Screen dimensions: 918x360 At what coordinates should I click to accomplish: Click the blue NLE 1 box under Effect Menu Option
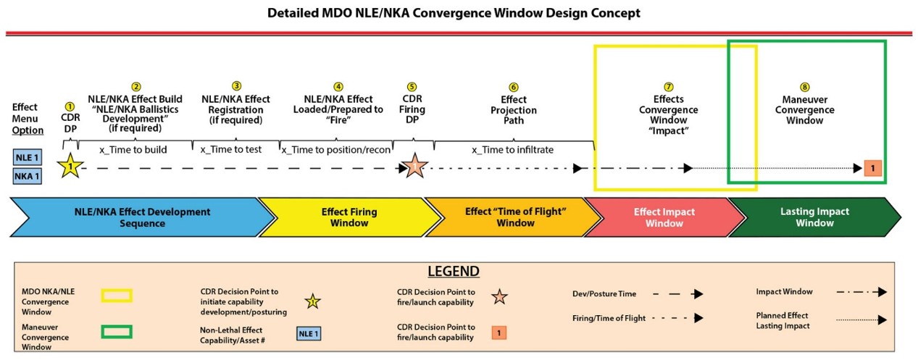click(27, 157)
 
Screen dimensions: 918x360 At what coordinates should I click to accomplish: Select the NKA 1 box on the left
click(27, 176)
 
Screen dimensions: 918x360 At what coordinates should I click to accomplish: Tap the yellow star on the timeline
click(70, 166)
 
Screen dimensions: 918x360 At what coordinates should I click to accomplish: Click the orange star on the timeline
click(414, 166)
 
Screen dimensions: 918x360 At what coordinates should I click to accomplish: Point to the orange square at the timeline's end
click(872, 168)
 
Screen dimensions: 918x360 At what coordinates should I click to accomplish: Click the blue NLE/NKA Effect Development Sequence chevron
click(142, 217)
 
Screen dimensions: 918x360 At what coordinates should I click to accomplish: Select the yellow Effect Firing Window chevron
click(349, 217)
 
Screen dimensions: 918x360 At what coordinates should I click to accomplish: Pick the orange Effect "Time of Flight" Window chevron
click(514, 217)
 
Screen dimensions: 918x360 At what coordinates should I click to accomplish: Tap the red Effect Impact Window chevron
click(664, 217)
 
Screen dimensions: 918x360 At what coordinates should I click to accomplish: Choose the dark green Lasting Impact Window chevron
click(814, 217)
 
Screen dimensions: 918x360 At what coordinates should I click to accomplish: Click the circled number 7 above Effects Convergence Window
click(669, 87)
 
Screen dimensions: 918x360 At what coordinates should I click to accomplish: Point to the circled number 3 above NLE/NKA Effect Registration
click(236, 86)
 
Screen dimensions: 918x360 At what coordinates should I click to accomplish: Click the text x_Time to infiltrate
click(512, 150)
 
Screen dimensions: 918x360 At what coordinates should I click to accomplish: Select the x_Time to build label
click(133, 150)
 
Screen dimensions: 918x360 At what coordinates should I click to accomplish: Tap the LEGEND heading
click(454, 271)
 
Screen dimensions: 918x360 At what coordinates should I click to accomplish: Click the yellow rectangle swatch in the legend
click(117, 296)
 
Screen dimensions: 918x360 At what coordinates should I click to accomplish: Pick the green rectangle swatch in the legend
click(117, 332)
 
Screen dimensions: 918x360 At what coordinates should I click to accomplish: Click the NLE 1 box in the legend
click(309, 334)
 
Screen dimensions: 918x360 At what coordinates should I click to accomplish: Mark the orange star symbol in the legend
click(499, 297)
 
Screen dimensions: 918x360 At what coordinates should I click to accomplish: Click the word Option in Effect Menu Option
click(28, 130)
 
